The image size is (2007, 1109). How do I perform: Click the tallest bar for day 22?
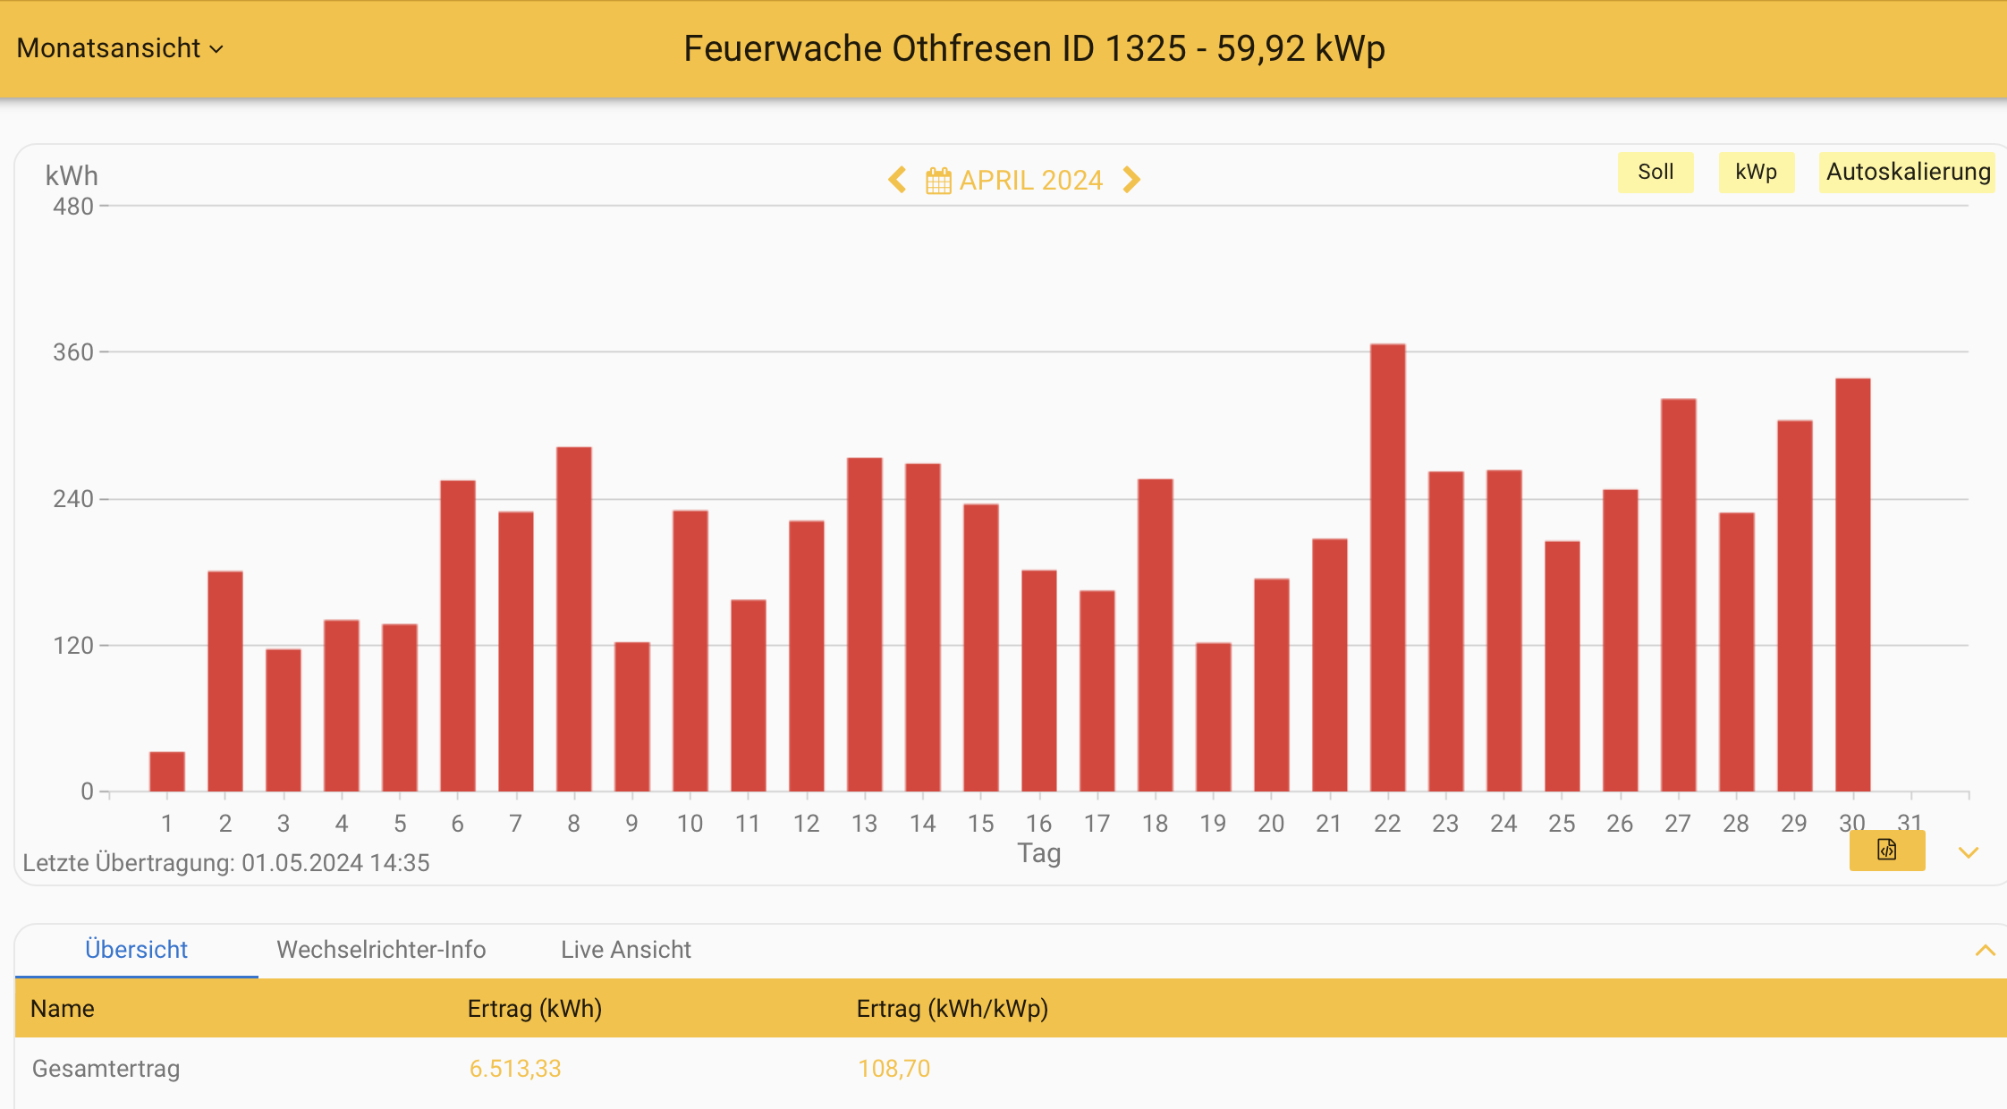click(x=1387, y=568)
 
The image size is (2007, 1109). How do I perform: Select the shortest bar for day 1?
click(x=167, y=772)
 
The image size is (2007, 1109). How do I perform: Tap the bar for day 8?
click(x=573, y=619)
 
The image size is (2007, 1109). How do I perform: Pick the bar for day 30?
click(x=1852, y=585)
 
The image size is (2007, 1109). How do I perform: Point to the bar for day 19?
click(x=1213, y=717)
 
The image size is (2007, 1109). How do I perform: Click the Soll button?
click(x=1655, y=172)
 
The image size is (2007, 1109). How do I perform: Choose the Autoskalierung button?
click(x=1908, y=172)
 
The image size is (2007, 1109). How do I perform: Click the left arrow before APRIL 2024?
click(x=897, y=180)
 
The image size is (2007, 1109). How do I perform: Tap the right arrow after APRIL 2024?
click(x=1131, y=180)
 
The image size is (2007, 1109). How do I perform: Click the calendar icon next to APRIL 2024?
click(x=938, y=181)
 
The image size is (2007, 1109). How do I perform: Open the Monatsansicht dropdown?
click(x=120, y=48)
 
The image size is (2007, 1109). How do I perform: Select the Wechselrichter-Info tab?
click(x=381, y=950)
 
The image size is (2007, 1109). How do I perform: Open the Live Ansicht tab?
click(x=625, y=950)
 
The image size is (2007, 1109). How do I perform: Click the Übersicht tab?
click(x=136, y=950)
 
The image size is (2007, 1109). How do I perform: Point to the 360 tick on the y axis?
click(x=74, y=352)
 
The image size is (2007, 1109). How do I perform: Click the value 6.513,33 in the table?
click(x=515, y=1069)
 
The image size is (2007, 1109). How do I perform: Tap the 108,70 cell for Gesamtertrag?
click(x=893, y=1069)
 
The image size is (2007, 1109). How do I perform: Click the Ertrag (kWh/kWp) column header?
click(x=952, y=1009)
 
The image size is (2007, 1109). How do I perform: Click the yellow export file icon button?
click(x=1886, y=851)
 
